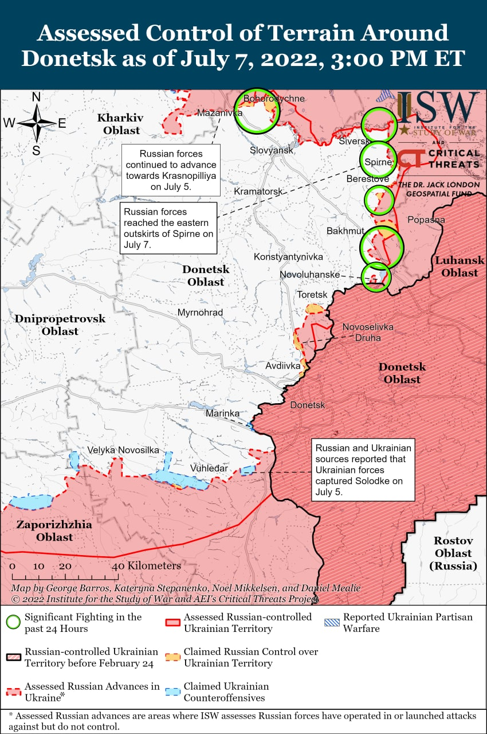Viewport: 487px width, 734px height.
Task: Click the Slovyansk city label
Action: tap(272, 150)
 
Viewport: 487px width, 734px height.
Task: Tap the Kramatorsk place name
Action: tap(258, 190)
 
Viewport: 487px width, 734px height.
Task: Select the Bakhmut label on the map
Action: tap(345, 231)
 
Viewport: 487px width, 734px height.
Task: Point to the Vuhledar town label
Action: tap(209, 468)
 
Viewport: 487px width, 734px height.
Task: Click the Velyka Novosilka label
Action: tap(123, 450)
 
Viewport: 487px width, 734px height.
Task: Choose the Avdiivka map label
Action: tap(283, 365)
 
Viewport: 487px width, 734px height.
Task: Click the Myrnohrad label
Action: tap(200, 313)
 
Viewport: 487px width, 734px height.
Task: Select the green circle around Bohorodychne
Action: tap(257, 111)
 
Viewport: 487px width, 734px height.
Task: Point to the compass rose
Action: tap(36, 123)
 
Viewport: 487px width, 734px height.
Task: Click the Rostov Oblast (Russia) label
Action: tap(453, 553)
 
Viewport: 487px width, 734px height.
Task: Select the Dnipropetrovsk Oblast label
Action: tap(60, 325)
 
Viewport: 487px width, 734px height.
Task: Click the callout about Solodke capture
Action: tap(363, 470)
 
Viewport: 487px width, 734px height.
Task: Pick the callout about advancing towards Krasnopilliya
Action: tap(171, 170)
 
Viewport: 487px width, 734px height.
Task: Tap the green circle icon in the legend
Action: tap(14, 622)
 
